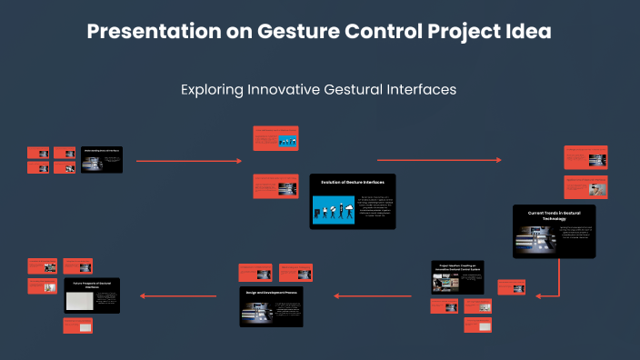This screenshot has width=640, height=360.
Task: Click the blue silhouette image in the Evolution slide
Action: coord(333,209)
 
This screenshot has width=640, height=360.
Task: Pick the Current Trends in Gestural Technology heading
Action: coord(554,215)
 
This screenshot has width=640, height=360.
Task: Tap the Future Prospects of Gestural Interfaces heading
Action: coord(92,285)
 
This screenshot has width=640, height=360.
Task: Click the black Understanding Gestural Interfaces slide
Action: coord(102,160)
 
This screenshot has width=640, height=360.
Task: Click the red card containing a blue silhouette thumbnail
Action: coord(275,138)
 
